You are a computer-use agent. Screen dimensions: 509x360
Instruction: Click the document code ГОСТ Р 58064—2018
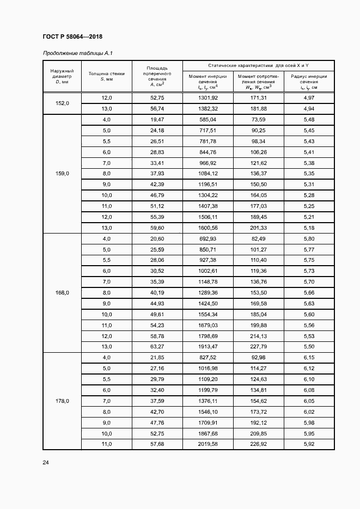(x=72, y=36)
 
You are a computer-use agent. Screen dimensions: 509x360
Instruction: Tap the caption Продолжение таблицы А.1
(x=77, y=53)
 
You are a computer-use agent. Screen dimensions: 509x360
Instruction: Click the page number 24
(x=46, y=463)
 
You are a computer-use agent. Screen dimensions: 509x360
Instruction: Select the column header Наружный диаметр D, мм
(x=62, y=77)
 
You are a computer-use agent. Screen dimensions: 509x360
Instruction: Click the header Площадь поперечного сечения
(x=157, y=76)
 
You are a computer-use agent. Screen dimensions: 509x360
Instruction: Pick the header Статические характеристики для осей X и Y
(x=258, y=65)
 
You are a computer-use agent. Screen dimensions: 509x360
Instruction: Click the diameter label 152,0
(x=62, y=103)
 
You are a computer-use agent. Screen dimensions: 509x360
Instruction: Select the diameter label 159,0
(x=62, y=173)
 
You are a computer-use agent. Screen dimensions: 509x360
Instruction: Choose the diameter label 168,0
(x=62, y=292)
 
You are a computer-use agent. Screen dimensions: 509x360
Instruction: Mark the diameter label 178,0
(x=62, y=401)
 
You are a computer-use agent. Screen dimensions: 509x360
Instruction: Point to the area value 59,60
(x=157, y=228)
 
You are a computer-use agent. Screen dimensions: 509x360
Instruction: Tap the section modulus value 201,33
(x=258, y=228)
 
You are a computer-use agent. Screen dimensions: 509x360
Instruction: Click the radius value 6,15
(x=309, y=357)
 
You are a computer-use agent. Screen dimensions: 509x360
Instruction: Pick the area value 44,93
(x=157, y=303)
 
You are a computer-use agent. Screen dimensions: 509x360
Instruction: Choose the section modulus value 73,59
(x=258, y=119)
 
